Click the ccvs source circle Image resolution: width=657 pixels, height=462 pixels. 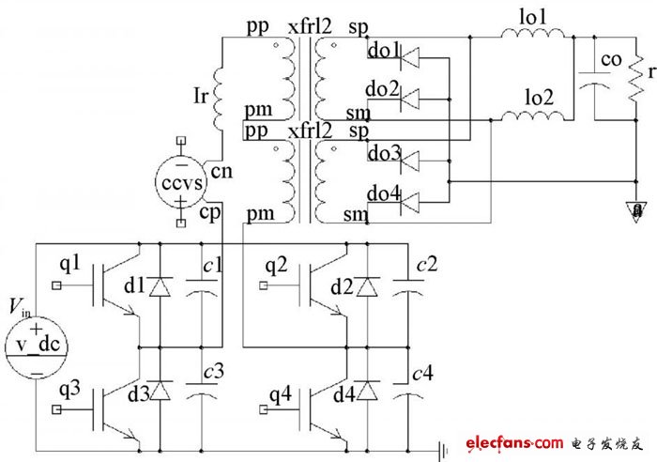[181, 181]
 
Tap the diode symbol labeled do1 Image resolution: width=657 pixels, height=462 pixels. [411, 58]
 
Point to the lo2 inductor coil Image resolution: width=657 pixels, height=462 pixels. [535, 117]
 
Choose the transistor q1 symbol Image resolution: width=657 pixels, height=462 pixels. [111, 286]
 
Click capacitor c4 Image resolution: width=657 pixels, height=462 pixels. [405, 394]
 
